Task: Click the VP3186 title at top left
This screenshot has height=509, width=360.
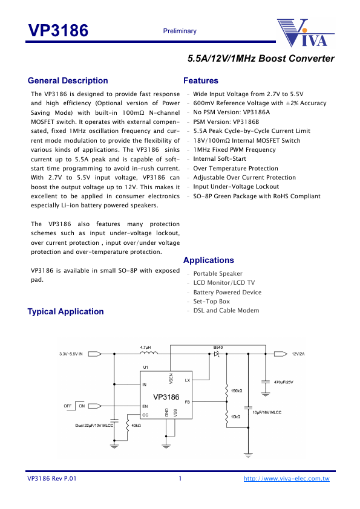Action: pos(58,31)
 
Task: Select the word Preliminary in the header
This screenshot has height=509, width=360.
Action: pos(180,31)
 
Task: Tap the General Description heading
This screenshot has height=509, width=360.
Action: pos(68,80)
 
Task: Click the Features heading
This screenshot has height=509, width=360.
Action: pos(200,80)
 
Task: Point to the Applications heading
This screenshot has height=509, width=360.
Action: pos(208,260)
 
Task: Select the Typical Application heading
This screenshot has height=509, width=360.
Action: pos(65,311)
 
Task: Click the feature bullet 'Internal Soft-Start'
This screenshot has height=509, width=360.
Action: pos(220,159)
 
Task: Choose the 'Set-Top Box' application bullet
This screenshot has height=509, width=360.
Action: pos(211,301)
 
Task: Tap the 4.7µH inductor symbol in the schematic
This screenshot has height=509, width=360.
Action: pos(146,354)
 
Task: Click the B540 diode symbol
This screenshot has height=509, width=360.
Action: pos(216,354)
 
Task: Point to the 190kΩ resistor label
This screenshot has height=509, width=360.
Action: pos(236,391)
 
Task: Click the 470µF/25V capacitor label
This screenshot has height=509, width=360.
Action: pos(284,382)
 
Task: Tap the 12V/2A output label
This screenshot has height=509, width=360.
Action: pos(299,354)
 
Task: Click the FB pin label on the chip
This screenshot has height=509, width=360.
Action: pos(187,401)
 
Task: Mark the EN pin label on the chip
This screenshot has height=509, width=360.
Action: pos(144,406)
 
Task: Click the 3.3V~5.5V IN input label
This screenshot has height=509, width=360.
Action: pos(71,354)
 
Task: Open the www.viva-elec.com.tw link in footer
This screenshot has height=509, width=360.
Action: pos(286,479)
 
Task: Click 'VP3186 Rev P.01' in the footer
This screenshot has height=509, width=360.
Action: pos(52,479)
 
